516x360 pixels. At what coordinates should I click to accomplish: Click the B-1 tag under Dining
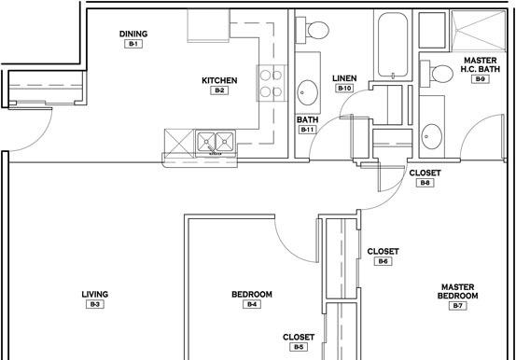coord(133,44)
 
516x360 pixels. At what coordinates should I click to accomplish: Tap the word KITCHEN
coord(219,80)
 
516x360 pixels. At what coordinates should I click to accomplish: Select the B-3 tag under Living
coord(95,304)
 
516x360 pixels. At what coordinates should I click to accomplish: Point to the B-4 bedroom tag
coord(252,304)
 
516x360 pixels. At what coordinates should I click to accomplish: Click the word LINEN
coord(344,78)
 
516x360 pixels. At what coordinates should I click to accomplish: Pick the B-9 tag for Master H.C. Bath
coord(481,79)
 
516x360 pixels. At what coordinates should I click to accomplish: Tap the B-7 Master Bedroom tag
coord(458,306)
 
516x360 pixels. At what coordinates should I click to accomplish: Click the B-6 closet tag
coord(384,261)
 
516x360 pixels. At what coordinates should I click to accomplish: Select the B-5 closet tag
coord(299,347)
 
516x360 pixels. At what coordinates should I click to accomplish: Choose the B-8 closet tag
coord(425,183)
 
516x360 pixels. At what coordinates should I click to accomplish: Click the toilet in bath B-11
coord(313,30)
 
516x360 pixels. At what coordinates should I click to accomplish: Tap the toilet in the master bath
coord(437,74)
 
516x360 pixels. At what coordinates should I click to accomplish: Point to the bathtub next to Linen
coord(393,45)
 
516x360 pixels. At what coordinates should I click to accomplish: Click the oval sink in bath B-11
coord(307,92)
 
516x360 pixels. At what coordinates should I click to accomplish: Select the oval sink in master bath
coord(431,136)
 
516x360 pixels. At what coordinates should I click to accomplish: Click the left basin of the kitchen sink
coord(206,142)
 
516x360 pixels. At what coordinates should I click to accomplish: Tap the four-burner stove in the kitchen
coord(272,83)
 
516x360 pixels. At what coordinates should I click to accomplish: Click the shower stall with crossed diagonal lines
coord(478,31)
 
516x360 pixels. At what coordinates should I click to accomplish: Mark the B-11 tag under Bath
coord(307,130)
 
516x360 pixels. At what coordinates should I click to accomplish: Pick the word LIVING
coord(95,294)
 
